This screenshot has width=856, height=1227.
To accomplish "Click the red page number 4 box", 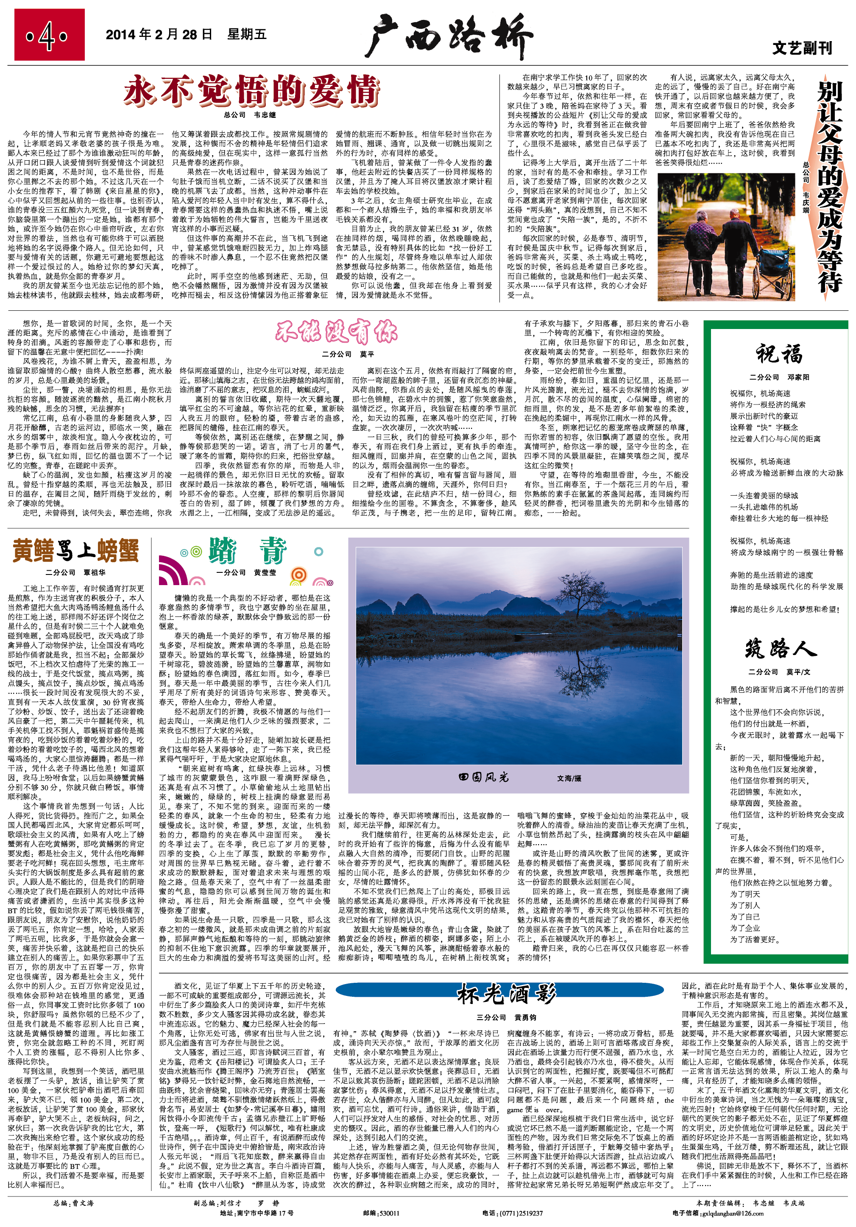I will tap(49, 36).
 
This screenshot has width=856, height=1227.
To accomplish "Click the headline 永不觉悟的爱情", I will tap(251, 90).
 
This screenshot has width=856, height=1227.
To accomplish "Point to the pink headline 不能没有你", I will tap(337, 332).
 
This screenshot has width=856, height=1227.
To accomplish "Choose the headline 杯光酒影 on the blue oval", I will tap(506, 994).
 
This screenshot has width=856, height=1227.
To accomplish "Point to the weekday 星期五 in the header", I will tap(247, 35).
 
